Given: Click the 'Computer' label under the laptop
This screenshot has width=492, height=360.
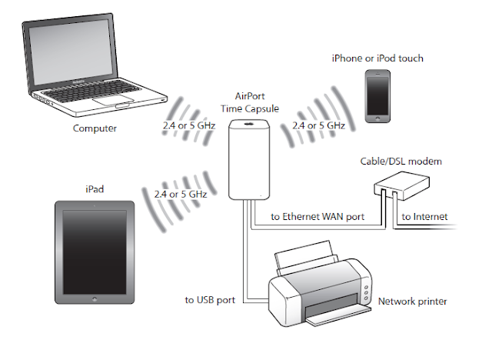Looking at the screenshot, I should (x=95, y=128).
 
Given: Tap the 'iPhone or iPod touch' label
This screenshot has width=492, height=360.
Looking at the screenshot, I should (x=377, y=58).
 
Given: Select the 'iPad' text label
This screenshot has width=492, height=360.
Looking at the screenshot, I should (x=95, y=187).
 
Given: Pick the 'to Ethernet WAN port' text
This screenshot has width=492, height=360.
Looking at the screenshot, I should (x=317, y=218).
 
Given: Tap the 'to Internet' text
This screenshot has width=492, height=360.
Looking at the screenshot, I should (x=425, y=218).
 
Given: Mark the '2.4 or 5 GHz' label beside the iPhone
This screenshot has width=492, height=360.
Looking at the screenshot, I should (x=315, y=125).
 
